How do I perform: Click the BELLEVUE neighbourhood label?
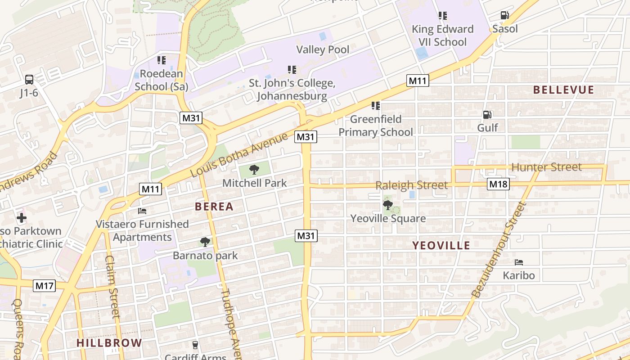click(x=563, y=90)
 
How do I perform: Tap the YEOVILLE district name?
click(x=441, y=246)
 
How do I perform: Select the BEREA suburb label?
click(x=214, y=207)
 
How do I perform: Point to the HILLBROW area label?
click(x=109, y=343)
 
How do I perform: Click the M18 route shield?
click(x=498, y=184)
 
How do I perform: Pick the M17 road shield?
click(x=45, y=285)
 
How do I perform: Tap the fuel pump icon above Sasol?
click(x=504, y=16)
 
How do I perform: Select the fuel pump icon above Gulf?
click(x=486, y=115)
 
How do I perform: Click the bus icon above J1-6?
click(x=29, y=80)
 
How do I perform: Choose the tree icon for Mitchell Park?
click(x=254, y=170)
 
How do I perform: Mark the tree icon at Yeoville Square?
click(x=387, y=205)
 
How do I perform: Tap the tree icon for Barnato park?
click(x=205, y=242)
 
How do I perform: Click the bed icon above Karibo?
click(x=519, y=262)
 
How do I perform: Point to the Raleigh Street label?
click(x=411, y=185)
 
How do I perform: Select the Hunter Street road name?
click(x=546, y=167)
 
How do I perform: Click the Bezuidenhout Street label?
click(x=499, y=250)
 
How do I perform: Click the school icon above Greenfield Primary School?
click(x=375, y=106)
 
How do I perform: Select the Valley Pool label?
click(x=323, y=49)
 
